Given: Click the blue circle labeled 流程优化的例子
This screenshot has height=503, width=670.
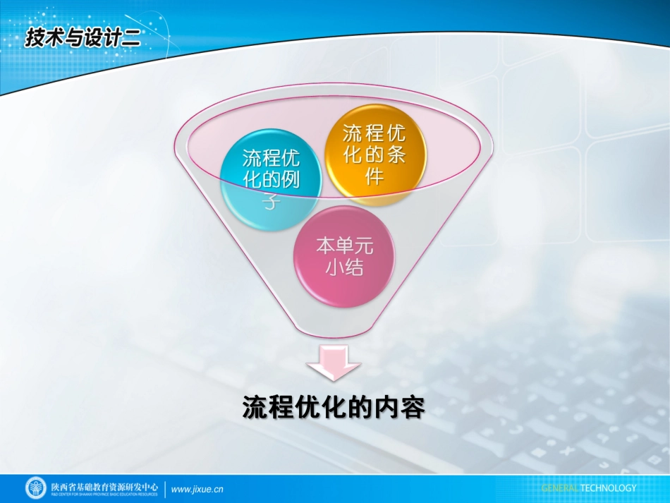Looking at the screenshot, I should coord(271,179).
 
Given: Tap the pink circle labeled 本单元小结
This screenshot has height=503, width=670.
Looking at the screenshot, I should coord(344,257).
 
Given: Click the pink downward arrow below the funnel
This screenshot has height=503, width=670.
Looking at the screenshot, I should coord(334,364).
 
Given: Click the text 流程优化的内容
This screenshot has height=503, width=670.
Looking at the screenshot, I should coord(334,407).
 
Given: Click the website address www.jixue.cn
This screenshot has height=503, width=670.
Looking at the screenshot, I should coord(197,489).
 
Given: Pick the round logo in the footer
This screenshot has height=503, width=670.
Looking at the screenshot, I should coord(36,488).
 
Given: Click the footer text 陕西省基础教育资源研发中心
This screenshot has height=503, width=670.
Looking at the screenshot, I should coord(104,486).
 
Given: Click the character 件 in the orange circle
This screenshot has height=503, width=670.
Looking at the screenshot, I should coord(374,176).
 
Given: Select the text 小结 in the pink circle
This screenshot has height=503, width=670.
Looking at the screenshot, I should coord(344,268).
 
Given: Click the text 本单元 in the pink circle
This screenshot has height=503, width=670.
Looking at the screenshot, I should coord(344,246).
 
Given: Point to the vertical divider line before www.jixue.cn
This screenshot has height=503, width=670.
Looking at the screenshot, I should coord(166,489).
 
